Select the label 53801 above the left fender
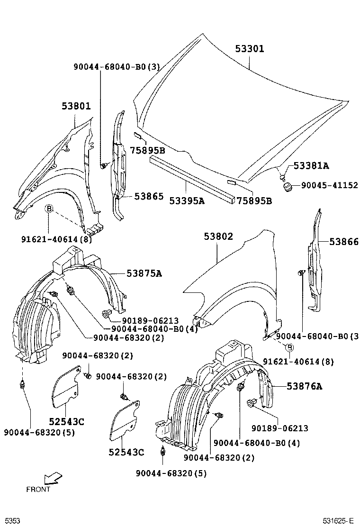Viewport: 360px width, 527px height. (76, 106)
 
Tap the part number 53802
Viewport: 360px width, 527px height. (218, 236)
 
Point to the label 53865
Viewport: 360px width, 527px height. (148, 196)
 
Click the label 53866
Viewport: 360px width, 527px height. (344, 242)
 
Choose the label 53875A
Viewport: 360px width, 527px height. (144, 273)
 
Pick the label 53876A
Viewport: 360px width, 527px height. (304, 386)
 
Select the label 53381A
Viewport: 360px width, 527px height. (311, 165)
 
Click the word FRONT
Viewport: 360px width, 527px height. (38, 490)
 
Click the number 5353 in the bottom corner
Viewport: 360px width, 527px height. (13, 521)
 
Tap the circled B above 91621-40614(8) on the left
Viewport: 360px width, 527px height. (48, 209)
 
